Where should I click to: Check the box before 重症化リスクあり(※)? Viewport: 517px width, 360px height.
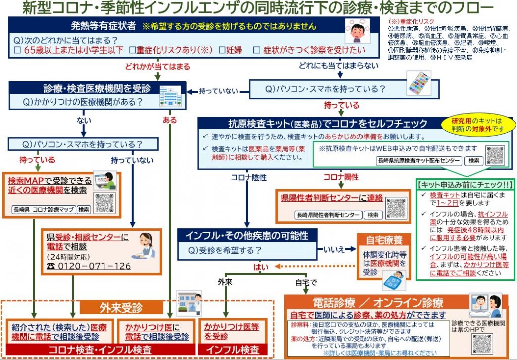point(132,50)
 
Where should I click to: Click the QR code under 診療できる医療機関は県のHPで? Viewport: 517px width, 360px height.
point(482,345)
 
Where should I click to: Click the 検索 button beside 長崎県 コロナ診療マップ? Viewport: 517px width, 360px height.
point(84,209)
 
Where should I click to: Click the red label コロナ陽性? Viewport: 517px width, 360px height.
point(341,177)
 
